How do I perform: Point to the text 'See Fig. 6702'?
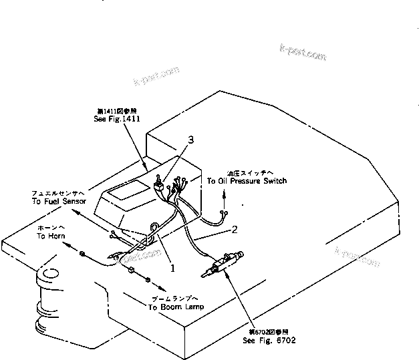(269, 340)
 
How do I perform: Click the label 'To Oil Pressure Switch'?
(247, 181)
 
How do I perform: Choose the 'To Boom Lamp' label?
(176, 307)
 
